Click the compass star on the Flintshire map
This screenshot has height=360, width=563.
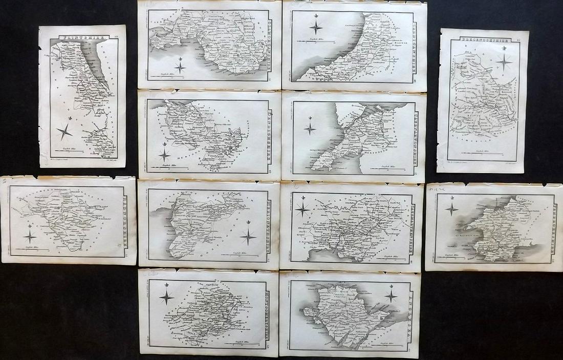pos(64,131)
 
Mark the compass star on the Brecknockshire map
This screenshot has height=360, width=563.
pos(504,62)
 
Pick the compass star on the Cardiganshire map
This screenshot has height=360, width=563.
pos(316,27)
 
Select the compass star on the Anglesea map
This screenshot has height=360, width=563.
pos(391,295)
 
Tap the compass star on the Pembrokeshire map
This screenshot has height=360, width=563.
pos(451,208)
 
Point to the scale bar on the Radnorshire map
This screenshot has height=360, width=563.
pos(36,249)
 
